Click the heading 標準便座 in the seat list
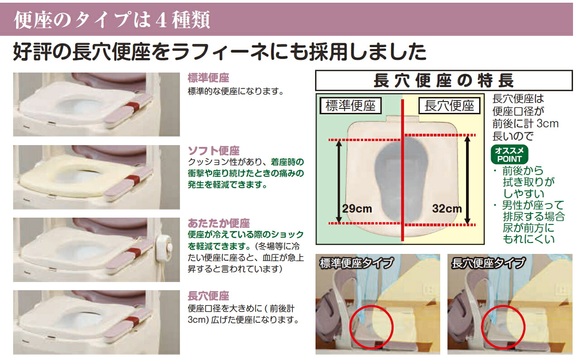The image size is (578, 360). coord(208,78)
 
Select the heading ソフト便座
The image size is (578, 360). coord(214,151)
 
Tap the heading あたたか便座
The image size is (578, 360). coord(219,223)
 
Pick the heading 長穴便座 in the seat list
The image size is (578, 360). coord(208,296)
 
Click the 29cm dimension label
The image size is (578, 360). coord(357,209)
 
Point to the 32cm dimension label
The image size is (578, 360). coord(447,209)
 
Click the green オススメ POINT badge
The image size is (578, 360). coord(510,154)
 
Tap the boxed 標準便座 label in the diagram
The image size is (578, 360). coord(350,106)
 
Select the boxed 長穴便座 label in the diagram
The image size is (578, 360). coord(449,106)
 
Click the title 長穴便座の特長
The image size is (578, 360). coord(444,81)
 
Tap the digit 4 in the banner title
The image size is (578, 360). coord(161,20)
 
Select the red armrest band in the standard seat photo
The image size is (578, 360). coord(134,106)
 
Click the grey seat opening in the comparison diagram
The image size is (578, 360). coord(402,180)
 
